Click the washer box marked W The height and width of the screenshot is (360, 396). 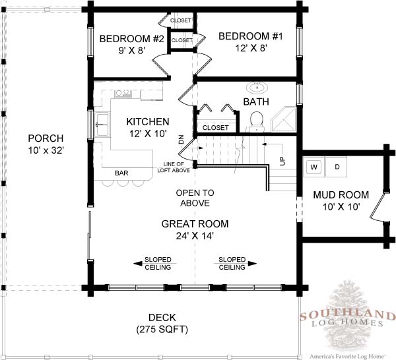click(314, 167)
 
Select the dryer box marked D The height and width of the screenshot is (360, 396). click(337, 167)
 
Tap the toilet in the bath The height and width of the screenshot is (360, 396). click(257, 122)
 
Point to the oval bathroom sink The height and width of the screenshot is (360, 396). click(257, 88)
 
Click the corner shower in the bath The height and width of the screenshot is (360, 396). click(283, 119)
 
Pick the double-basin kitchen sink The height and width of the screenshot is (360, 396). click(102, 125)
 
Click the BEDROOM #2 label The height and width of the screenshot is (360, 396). click(131, 39)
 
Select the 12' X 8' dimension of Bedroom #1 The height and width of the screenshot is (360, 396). click(251, 48)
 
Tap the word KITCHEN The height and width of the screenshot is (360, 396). click(148, 122)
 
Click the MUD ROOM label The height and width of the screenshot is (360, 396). click(341, 195)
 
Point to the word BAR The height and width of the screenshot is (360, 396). click(121, 173)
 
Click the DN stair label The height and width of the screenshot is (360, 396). click(181, 140)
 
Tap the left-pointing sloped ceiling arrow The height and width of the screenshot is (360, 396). click(154, 264)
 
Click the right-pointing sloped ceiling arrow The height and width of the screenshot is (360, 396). click(236, 264)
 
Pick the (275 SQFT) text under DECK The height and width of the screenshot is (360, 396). click(162, 330)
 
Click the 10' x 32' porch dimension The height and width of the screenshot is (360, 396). click(46, 150)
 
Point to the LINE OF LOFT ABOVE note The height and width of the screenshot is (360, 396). click(174, 167)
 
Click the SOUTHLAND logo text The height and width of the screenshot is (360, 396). click(348, 315)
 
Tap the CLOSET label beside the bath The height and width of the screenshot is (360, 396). click(215, 128)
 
